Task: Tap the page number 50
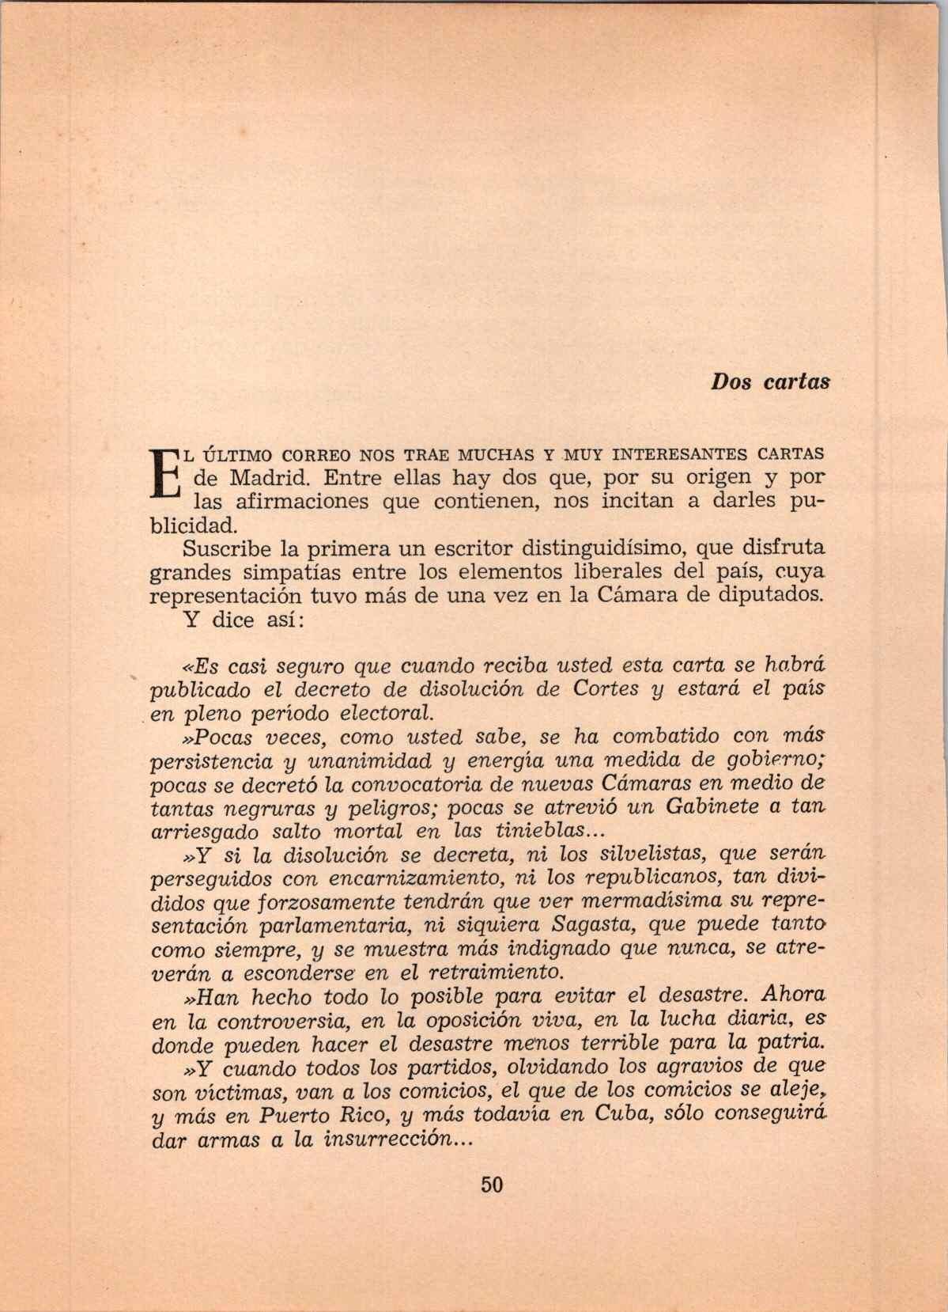491,1185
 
